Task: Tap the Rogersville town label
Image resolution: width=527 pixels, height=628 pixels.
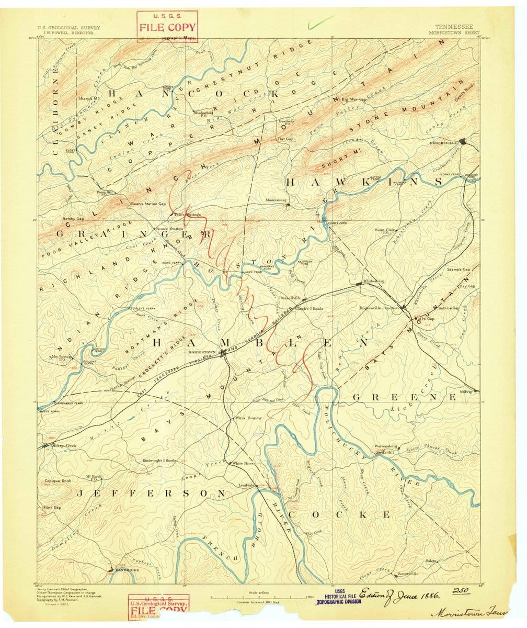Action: point(443,142)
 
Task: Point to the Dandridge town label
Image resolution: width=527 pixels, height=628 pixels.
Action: point(127,569)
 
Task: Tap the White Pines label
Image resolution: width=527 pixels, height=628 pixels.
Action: point(244,464)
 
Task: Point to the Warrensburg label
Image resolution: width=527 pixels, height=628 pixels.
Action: point(387,446)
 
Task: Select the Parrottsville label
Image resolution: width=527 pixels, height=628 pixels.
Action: point(408,574)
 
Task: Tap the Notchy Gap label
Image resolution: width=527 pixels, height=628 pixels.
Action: point(73,218)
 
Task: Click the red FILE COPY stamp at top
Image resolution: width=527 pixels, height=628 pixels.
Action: point(167,27)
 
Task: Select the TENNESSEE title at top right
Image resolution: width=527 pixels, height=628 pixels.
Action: point(452,25)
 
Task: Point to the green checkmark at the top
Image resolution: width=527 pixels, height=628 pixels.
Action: point(321,21)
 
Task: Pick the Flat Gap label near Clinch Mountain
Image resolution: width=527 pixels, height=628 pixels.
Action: point(285,139)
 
